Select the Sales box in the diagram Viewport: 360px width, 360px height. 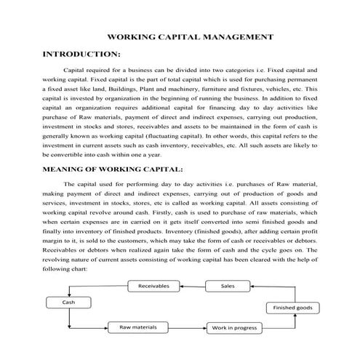tap(228, 286)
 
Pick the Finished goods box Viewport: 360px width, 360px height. tap(293, 308)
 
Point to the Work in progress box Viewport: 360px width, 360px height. tap(233, 328)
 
